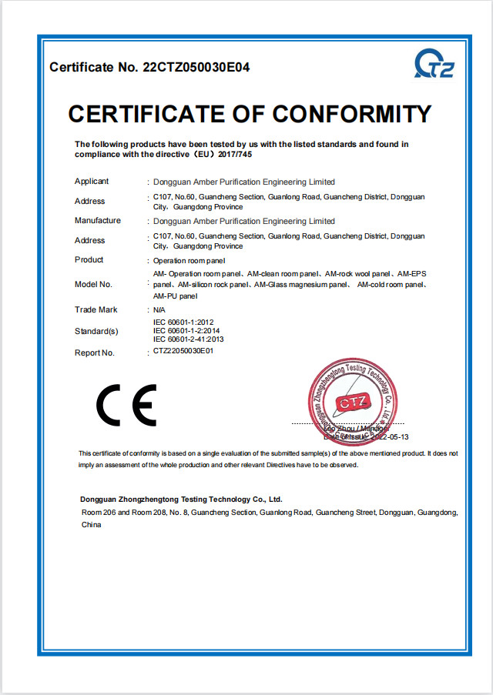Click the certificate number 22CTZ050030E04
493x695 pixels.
[196, 67]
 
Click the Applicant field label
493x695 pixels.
[92, 182]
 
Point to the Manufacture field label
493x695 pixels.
[97, 221]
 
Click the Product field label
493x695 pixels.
[89, 260]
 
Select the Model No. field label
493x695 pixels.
[93, 284]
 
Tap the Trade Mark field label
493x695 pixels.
[96, 309]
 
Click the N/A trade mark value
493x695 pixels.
[159, 309]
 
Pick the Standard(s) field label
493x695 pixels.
[96, 332]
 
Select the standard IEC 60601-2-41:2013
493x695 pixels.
[189, 339]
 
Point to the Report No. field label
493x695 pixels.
[95, 353]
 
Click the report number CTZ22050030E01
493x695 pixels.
[183, 351]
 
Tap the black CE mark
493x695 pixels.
[126, 405]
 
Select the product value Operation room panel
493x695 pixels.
[183, 260]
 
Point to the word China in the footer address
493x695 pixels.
[92, 524]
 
